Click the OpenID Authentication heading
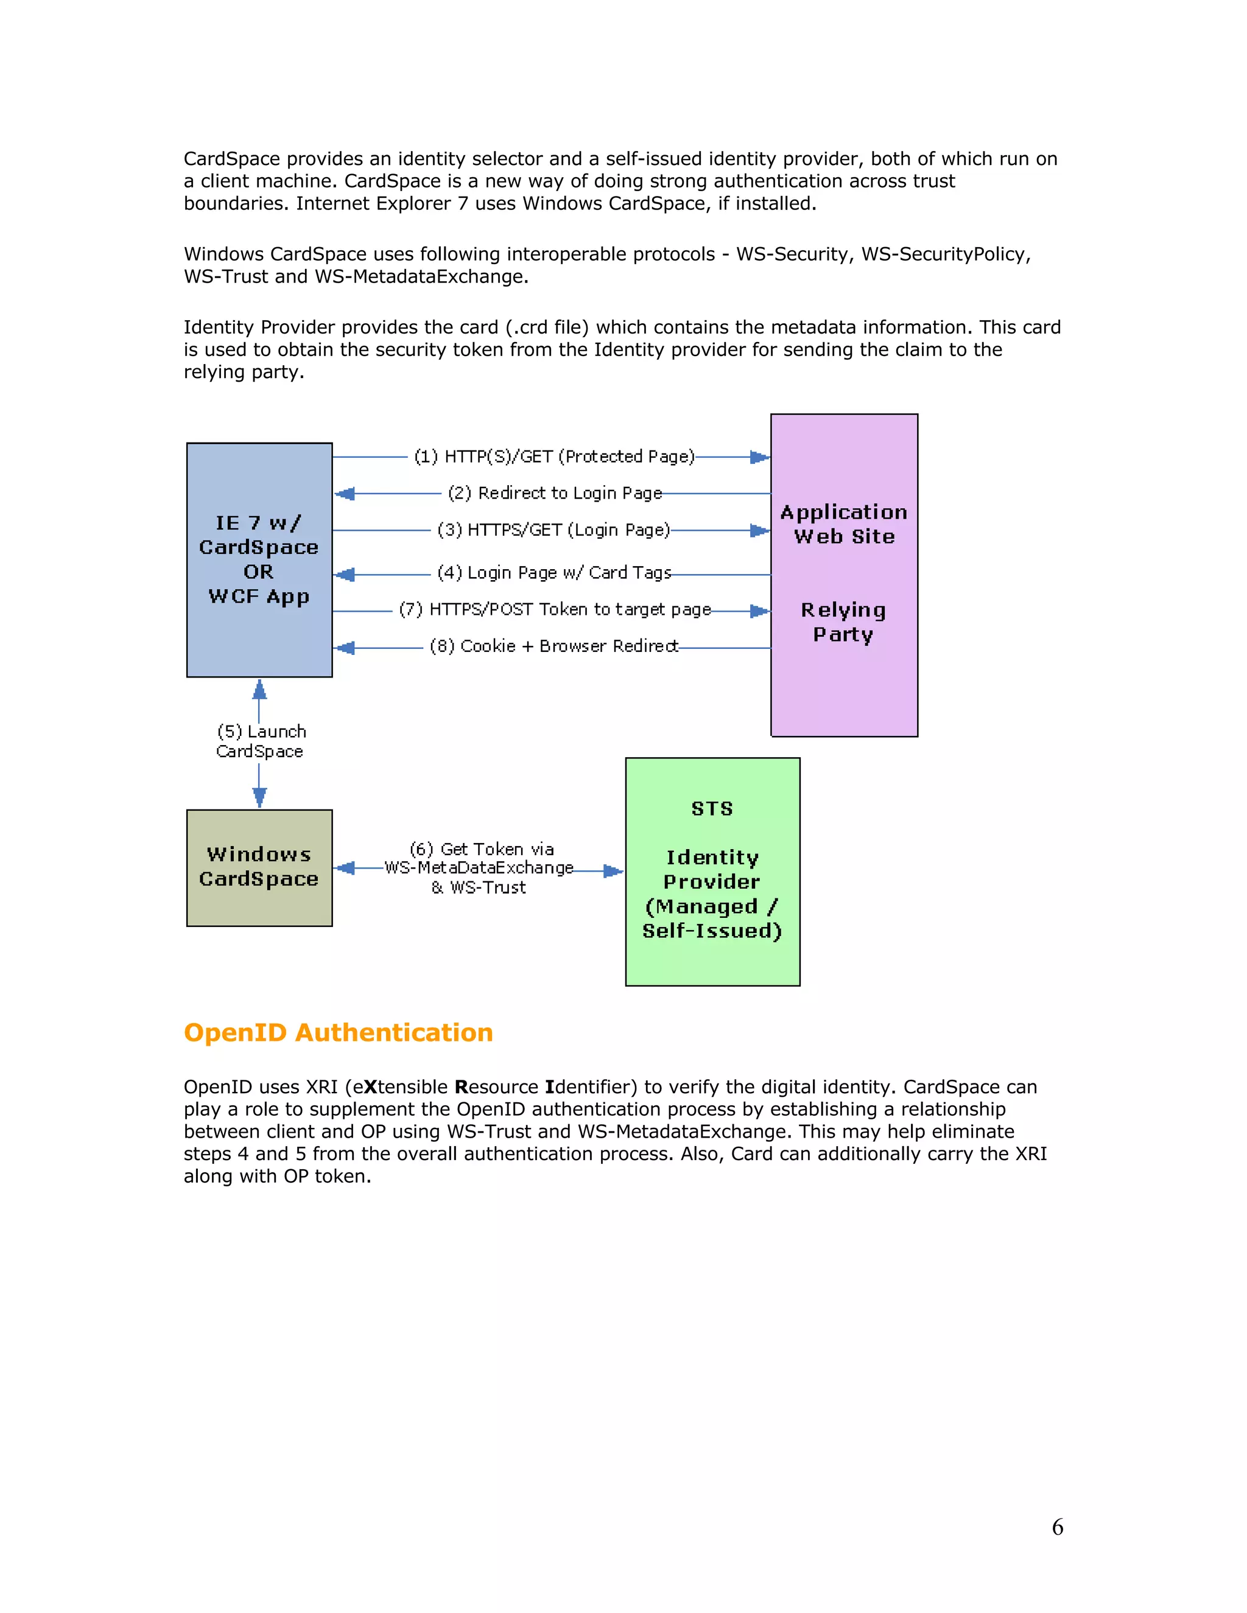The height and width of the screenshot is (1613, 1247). click(339, 1032)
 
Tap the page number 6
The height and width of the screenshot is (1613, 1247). click(1057, 1527)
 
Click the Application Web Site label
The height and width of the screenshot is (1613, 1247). click(844, 524)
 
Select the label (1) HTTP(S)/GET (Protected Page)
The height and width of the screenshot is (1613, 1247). click(554, 457)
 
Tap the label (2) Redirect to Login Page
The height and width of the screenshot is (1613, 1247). click(555, 492)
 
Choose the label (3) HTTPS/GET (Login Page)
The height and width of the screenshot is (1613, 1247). click(553, 530)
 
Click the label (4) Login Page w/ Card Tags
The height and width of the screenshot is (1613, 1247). click(554, 572)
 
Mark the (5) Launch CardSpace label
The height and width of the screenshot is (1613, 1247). click(260, 741)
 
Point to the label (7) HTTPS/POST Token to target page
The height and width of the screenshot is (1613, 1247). click(555, 609)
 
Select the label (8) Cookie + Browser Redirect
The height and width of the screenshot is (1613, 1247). click(554, 646)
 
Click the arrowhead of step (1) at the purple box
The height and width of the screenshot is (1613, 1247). click(759, 457)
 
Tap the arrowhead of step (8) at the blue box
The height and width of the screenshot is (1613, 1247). click(345, 648)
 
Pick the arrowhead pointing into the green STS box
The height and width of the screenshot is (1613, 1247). click(613, 872)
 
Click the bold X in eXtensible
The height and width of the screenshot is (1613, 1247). click(370, 1087)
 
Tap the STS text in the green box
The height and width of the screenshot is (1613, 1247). click(712, 809)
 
